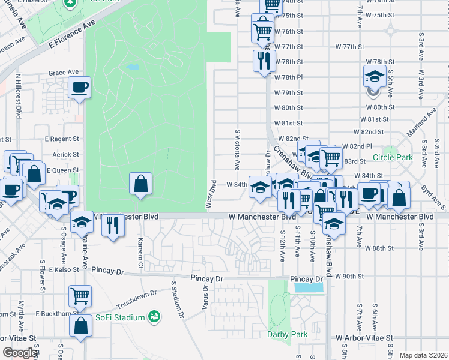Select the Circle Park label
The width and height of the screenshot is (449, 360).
point(393,157)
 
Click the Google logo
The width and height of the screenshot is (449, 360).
point(20,353)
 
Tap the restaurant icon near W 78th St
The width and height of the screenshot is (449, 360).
point(264,61)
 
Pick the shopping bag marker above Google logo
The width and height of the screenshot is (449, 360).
point(80,326)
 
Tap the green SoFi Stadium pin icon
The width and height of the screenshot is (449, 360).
point(154,316)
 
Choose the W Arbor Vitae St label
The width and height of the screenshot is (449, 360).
point(364,338)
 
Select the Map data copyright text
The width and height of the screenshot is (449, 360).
point(424,355)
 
